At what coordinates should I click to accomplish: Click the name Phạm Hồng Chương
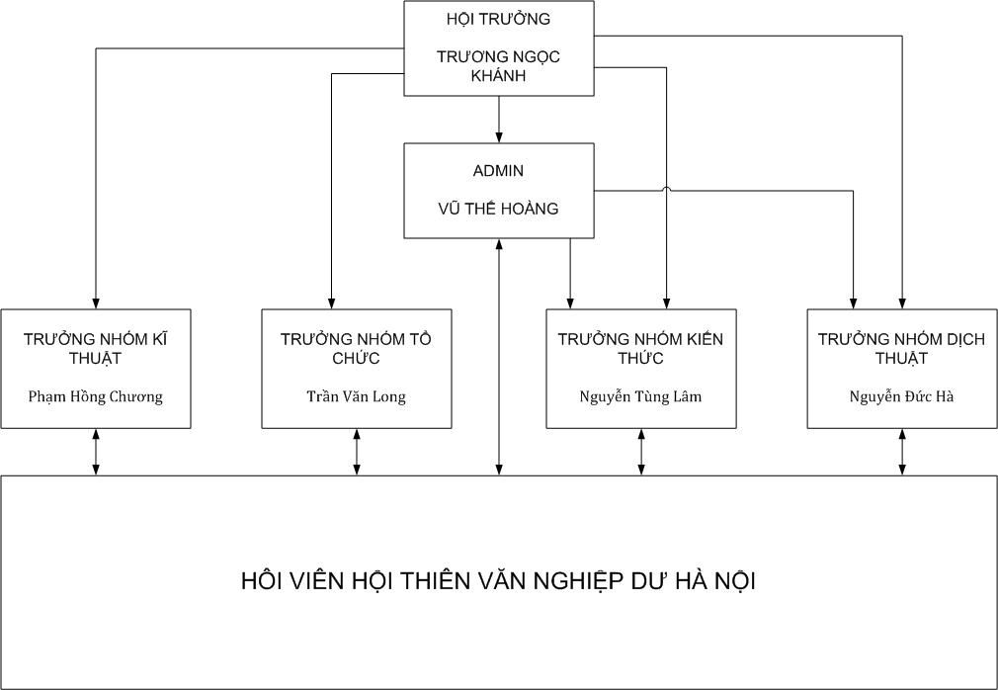click(96, 396)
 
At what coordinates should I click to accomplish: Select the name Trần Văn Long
click(357, 396)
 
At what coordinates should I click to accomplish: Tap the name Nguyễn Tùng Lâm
click(641, 396)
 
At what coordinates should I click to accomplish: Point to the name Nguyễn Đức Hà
click(902, 396)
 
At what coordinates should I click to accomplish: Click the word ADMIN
click(498, 171)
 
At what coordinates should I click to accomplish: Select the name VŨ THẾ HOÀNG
click(498, 209)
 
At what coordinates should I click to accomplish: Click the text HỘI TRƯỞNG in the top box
click(498, 19)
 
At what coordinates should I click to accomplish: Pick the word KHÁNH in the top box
click(498, 75)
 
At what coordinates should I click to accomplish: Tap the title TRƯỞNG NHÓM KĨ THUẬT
click(96, 348)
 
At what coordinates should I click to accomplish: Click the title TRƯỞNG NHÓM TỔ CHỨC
click(357, 348)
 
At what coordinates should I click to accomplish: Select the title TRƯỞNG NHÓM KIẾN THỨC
click(641, 348)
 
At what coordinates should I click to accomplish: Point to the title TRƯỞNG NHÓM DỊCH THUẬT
click(902, 348)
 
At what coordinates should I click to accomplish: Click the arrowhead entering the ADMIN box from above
click(499, 137)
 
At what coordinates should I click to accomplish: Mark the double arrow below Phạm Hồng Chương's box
click(96, 452)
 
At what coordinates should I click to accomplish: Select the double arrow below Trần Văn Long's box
click(357, 452)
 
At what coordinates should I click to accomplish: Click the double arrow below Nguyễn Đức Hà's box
click(902, 452)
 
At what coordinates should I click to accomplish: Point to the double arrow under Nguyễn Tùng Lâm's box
click(641, 452)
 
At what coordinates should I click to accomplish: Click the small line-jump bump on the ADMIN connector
click(666, 188)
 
